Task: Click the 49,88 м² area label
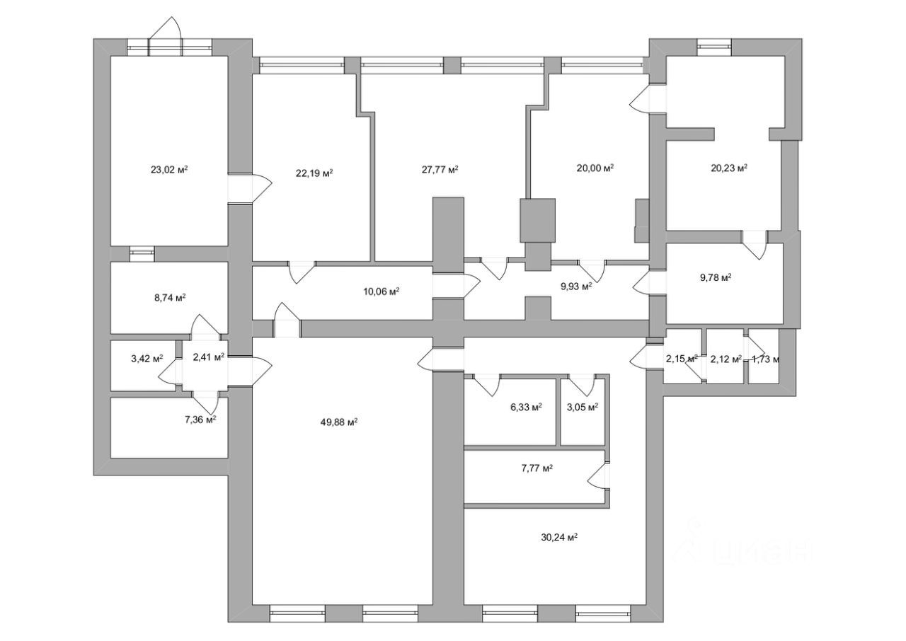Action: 338,422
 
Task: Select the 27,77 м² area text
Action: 440,169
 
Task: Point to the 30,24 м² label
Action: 558,537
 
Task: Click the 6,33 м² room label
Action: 526,407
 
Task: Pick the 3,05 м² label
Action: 583,407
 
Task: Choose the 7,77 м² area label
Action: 537,468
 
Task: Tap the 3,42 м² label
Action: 147,358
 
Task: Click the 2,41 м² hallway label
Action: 208,357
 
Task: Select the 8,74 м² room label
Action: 170,298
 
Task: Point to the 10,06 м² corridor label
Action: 381,290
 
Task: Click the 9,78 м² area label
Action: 715,278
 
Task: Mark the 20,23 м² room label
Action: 729,168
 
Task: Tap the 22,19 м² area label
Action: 314,173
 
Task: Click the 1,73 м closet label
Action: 765,359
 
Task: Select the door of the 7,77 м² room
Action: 600,476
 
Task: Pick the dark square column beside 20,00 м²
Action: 538,220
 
